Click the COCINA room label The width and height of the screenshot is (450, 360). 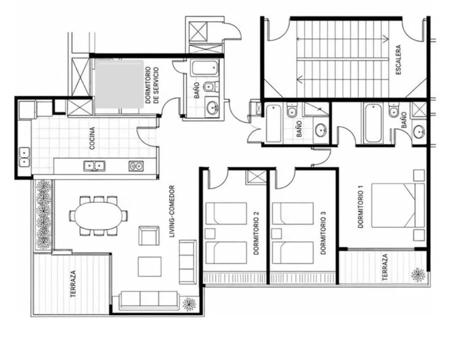coord(92,138)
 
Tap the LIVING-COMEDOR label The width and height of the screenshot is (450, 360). coord(172,212)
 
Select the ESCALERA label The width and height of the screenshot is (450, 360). coord(398,60)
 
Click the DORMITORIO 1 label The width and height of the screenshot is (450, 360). coord(361,206)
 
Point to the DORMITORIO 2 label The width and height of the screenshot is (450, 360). coord(256,233)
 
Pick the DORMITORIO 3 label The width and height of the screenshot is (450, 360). coord(323,233)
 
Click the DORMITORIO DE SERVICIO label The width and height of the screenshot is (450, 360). coord(152,85)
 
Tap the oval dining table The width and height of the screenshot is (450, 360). coord(98,216)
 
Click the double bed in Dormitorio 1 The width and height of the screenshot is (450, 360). coord(398,205)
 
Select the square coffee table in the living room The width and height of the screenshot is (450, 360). coord(149,267)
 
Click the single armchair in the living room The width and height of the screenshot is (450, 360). coord(149,236)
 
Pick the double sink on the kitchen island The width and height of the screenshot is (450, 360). coord(95,166)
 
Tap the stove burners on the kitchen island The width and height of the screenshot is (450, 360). coord(136,166)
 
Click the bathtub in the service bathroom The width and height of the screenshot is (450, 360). coord(204,68)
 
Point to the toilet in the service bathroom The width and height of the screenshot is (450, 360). coord(211,86)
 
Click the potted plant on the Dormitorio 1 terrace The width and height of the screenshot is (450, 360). coord(418,275)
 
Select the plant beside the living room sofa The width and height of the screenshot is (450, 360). coord(189,304)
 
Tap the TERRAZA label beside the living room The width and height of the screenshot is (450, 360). coord(73,284)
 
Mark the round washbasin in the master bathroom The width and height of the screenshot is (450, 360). coord(419,132)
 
